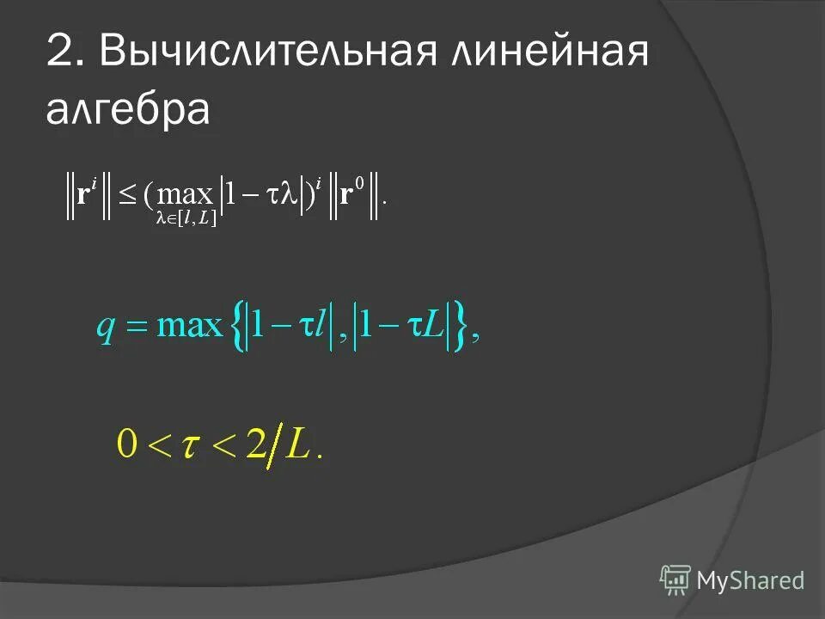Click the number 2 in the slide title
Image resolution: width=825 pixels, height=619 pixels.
pos(61,54)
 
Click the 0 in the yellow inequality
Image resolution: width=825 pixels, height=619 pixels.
pos(126,447)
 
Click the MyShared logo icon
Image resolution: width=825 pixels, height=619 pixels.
pos(675,580)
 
